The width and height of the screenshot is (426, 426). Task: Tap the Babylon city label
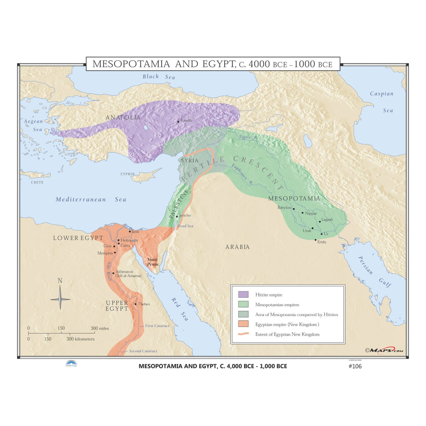coord(284,208)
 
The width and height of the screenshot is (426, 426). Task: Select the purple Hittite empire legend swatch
coord(243,295)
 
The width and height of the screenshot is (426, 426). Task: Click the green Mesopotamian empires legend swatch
coord(243,305)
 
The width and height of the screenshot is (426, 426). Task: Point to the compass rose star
coord(60,299)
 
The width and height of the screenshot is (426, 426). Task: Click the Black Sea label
coord(159,77)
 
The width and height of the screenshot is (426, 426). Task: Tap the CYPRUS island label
coord(127,174)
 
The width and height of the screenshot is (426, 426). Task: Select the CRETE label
coord(37,182)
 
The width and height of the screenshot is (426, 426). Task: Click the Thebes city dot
coord(136,304)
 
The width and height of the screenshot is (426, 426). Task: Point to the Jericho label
coord(185,215)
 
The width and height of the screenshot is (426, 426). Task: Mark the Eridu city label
coord(322,242)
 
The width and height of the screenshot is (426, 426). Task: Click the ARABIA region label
coord(237,247)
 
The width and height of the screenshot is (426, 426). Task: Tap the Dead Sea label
coord(185,226)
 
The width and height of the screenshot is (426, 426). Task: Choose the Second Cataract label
coord(143,351)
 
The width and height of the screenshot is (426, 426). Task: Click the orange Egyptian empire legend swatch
coord(243,324)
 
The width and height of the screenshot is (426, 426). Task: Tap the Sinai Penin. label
coord(152,262)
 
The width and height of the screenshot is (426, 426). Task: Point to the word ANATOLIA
coord(123,118)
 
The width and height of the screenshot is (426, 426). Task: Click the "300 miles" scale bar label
coord(100,328)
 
